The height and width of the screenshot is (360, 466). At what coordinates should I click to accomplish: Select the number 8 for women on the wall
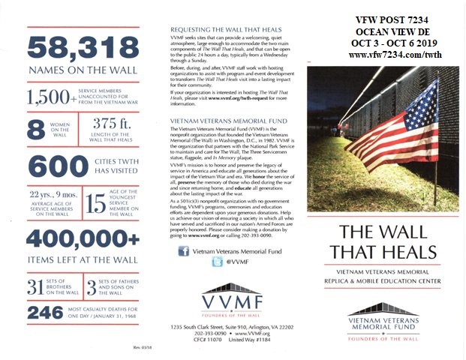[x=35, y=129]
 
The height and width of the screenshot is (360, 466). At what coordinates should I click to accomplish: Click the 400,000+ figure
[x=73, y=240]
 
